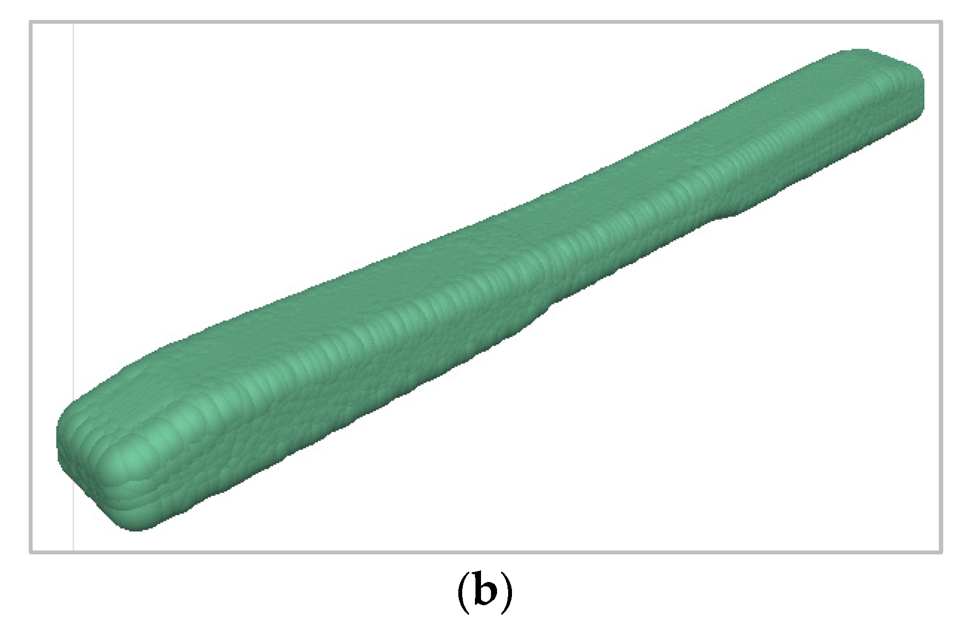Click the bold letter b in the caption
click(484, 592)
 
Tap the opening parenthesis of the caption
click(464, 594)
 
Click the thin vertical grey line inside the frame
click(74, 276)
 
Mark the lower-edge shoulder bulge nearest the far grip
click(730, 213)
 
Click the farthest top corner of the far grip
click(854, 51)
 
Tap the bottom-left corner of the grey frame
click(31, 551)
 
